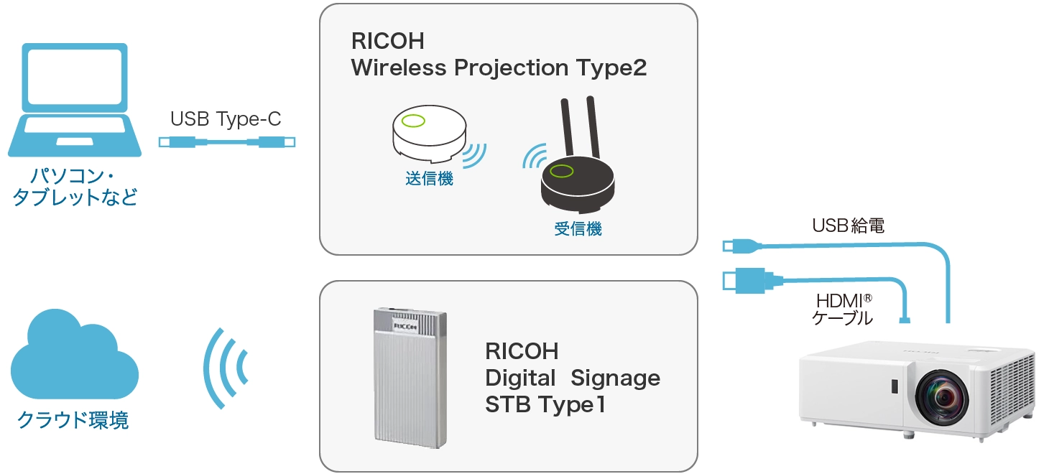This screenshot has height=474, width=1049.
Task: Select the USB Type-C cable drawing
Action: click(x=226, y=142)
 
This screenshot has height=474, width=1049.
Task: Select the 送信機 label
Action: click(x=429, y=179)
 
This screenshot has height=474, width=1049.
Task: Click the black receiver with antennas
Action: click(x=578, y=176)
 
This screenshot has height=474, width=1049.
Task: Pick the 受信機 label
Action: click(x=578, y=229)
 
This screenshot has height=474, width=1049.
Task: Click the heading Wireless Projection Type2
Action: click(x=499, y=68)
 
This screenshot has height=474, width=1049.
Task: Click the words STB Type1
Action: click(x=545, y=404)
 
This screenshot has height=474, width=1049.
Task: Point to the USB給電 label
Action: click(x=848, y=226)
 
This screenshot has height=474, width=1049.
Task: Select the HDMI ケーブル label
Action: click(x=842, y=309)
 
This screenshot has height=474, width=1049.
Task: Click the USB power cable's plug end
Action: click(x=739, y=246)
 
